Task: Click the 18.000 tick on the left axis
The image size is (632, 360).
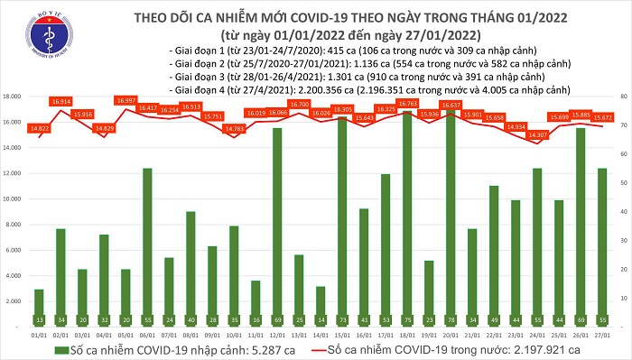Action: pyautogui.click(x=14, y=96)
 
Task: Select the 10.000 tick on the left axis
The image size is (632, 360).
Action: pyautogui.click(x=14, y=198)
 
